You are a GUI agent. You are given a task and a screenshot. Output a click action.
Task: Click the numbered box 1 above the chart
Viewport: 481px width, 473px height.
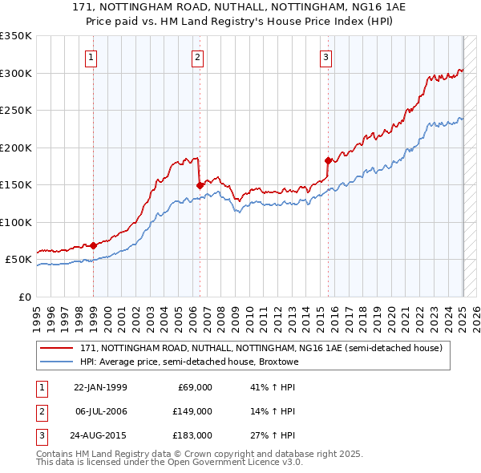(92, 57)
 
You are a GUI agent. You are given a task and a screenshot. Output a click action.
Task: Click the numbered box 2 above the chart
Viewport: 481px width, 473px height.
(197, 57)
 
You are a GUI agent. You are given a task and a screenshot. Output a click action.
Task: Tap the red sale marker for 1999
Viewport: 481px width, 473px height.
(93, 245)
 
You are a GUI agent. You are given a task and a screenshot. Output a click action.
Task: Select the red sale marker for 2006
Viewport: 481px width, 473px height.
(200, 185)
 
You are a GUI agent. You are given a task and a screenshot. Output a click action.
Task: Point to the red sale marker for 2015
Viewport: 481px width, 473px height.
(328, 160)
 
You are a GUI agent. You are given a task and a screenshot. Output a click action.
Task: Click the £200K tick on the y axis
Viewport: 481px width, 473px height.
(16, 148)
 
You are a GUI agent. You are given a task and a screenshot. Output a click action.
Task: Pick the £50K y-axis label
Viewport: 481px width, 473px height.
(19, 260)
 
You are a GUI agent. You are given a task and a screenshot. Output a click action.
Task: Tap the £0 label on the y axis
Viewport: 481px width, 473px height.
(24, 297)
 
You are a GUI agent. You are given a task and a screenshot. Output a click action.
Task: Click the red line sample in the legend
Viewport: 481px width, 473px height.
(56, 348)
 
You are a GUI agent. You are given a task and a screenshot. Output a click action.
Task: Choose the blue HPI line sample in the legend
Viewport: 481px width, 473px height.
(56, 362)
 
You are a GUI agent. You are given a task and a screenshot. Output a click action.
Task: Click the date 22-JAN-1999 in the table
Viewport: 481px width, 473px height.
(100, 387)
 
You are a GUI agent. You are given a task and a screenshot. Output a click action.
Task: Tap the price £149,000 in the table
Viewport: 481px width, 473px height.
(194, 411)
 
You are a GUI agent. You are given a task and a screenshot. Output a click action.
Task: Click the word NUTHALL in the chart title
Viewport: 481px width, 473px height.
(233, 7)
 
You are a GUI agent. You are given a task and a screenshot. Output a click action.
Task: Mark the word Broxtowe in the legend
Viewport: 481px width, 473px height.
(277, 362)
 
